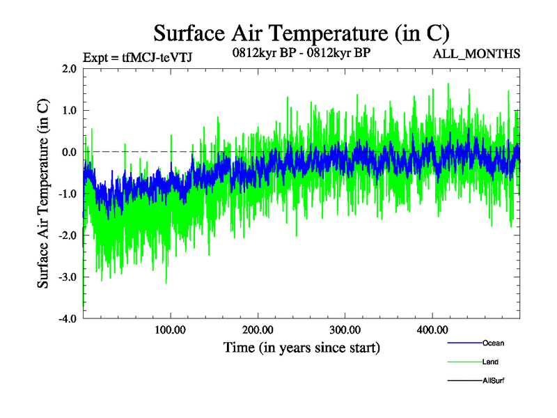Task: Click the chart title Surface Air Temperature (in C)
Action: [x=301, y=33]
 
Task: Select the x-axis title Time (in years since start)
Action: [x=301, y=346]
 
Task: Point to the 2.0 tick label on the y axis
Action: [x=68, y=68]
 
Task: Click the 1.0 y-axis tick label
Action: [x=68, y=110]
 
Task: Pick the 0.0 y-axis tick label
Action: [x=68, y=152]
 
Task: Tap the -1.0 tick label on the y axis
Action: [x=67, y=194]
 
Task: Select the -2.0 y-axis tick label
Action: [x=67, y=235]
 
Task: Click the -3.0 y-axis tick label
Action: [x=67, y=277]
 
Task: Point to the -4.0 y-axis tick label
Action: [x=67, y=319]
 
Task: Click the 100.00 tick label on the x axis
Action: [x=171, y=330]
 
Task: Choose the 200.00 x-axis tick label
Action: [x=258, y=330]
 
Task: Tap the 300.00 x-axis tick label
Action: [x=345, y=330]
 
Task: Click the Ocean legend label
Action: [x=493, y=343]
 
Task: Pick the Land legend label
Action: [x=490, y=362]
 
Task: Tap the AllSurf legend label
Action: [x=494, y=380]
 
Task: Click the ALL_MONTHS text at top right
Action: [x=476, y=54]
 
